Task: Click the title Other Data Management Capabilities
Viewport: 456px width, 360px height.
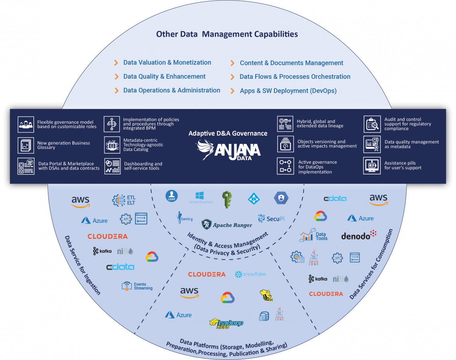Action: click(x=227, y=34)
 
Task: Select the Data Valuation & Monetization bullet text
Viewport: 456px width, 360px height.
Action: click(x=167, y=62)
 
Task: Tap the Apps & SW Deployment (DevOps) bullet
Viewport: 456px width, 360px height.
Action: click(x=288, y=91)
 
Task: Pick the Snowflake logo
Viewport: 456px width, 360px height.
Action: click(x=250, y=274)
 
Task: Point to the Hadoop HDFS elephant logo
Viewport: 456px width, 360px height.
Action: click(x=226, y=323)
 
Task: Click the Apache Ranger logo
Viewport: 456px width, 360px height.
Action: click(x=227, y=225)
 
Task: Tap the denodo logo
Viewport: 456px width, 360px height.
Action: click(x=359, y=235)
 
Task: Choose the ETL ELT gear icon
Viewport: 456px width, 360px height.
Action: click(x=119, y=200)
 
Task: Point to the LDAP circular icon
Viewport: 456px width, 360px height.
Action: click(x=171, y=196)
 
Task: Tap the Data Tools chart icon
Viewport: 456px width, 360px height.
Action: click(x=306, y=236)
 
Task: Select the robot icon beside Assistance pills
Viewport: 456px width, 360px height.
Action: click(x=372, y=166)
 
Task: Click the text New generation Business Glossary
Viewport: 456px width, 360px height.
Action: click(x=64, y=145)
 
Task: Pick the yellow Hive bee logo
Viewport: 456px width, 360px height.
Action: click(x=266, y=296)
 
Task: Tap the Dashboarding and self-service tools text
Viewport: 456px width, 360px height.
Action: click(x=143, y=166)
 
